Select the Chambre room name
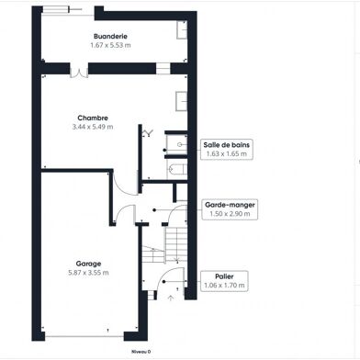click(x=94, y=118)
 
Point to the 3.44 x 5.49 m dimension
click(x=94, y=127)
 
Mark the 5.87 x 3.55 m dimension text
click(x=88, y=272)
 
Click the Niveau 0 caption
click(x=140, y=350)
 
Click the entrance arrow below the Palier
click(x=171, y=297)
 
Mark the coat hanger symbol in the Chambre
click(x=146, y=133)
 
